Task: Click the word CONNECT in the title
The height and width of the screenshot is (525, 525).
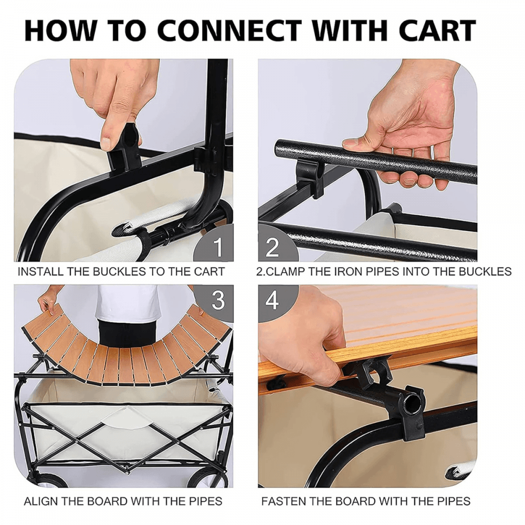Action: point(230,30)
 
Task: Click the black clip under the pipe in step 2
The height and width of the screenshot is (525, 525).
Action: point(309,177)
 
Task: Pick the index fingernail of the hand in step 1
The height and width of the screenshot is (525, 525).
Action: point(108,144)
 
